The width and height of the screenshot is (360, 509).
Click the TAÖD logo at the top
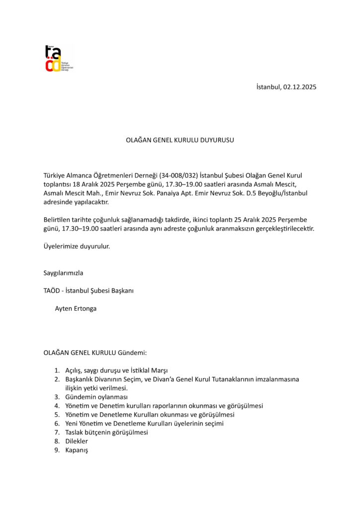[x=58, y=58]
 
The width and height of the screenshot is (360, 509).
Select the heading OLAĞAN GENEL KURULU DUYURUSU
[x=180, y=140]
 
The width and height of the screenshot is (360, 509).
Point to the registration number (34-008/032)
[x=179, y=175]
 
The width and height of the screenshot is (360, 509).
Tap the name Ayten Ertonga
[x=76, y=309]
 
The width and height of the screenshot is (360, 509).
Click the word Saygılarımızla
[x=63, y=273]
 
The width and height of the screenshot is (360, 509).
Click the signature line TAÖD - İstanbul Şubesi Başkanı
[x=89, y=291]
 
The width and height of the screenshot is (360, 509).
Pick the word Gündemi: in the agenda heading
[x=132, y=353]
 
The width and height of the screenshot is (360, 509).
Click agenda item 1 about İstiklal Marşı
[x=116, y=371]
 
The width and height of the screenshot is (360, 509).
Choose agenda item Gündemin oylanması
[x=96, y=397]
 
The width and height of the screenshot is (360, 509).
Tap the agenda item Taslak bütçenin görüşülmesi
[x=106, y=432]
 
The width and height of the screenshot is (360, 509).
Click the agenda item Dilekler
[x=76, y=441]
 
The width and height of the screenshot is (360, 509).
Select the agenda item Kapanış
[x=76, y=450]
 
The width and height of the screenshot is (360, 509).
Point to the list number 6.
[x=57, y=424]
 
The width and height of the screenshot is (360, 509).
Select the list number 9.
[x=57, y=450]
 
